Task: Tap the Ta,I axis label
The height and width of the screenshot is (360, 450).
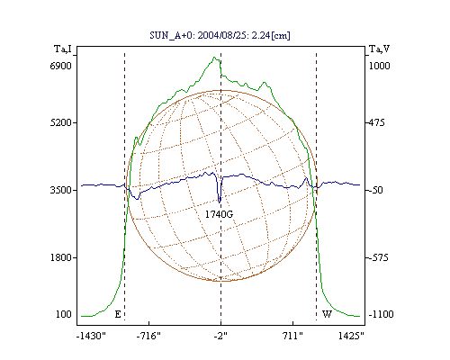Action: point(63,49)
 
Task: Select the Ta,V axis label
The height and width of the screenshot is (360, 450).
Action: point(380,49)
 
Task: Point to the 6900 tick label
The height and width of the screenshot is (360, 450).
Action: point(61,66)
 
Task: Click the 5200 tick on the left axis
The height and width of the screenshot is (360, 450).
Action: point(61,122)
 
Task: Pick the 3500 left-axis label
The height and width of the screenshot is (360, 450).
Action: point(61,190)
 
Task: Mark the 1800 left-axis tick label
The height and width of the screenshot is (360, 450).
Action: point(61,257)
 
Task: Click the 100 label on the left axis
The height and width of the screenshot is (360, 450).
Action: point(64,314)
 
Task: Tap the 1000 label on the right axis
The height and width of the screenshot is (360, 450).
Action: point(379,66)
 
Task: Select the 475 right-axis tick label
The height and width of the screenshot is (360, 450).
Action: point(377,122)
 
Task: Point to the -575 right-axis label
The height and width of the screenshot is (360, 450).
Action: point(379,257)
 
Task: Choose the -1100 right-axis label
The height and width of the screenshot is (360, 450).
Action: point(381,314)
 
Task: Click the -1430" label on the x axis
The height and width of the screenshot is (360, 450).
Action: point(91,336)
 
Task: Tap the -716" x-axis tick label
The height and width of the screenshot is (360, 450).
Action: point(148,336)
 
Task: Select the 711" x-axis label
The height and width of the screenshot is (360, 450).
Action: point(292,336)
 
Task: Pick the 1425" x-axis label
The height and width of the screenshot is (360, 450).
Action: point(351,336)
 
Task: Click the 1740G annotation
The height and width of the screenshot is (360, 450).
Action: point(219,214)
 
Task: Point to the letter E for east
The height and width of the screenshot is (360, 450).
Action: point(118,314)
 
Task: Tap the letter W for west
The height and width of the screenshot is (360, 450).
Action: point(327,314)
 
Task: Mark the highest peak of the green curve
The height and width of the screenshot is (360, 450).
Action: point(214,57)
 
